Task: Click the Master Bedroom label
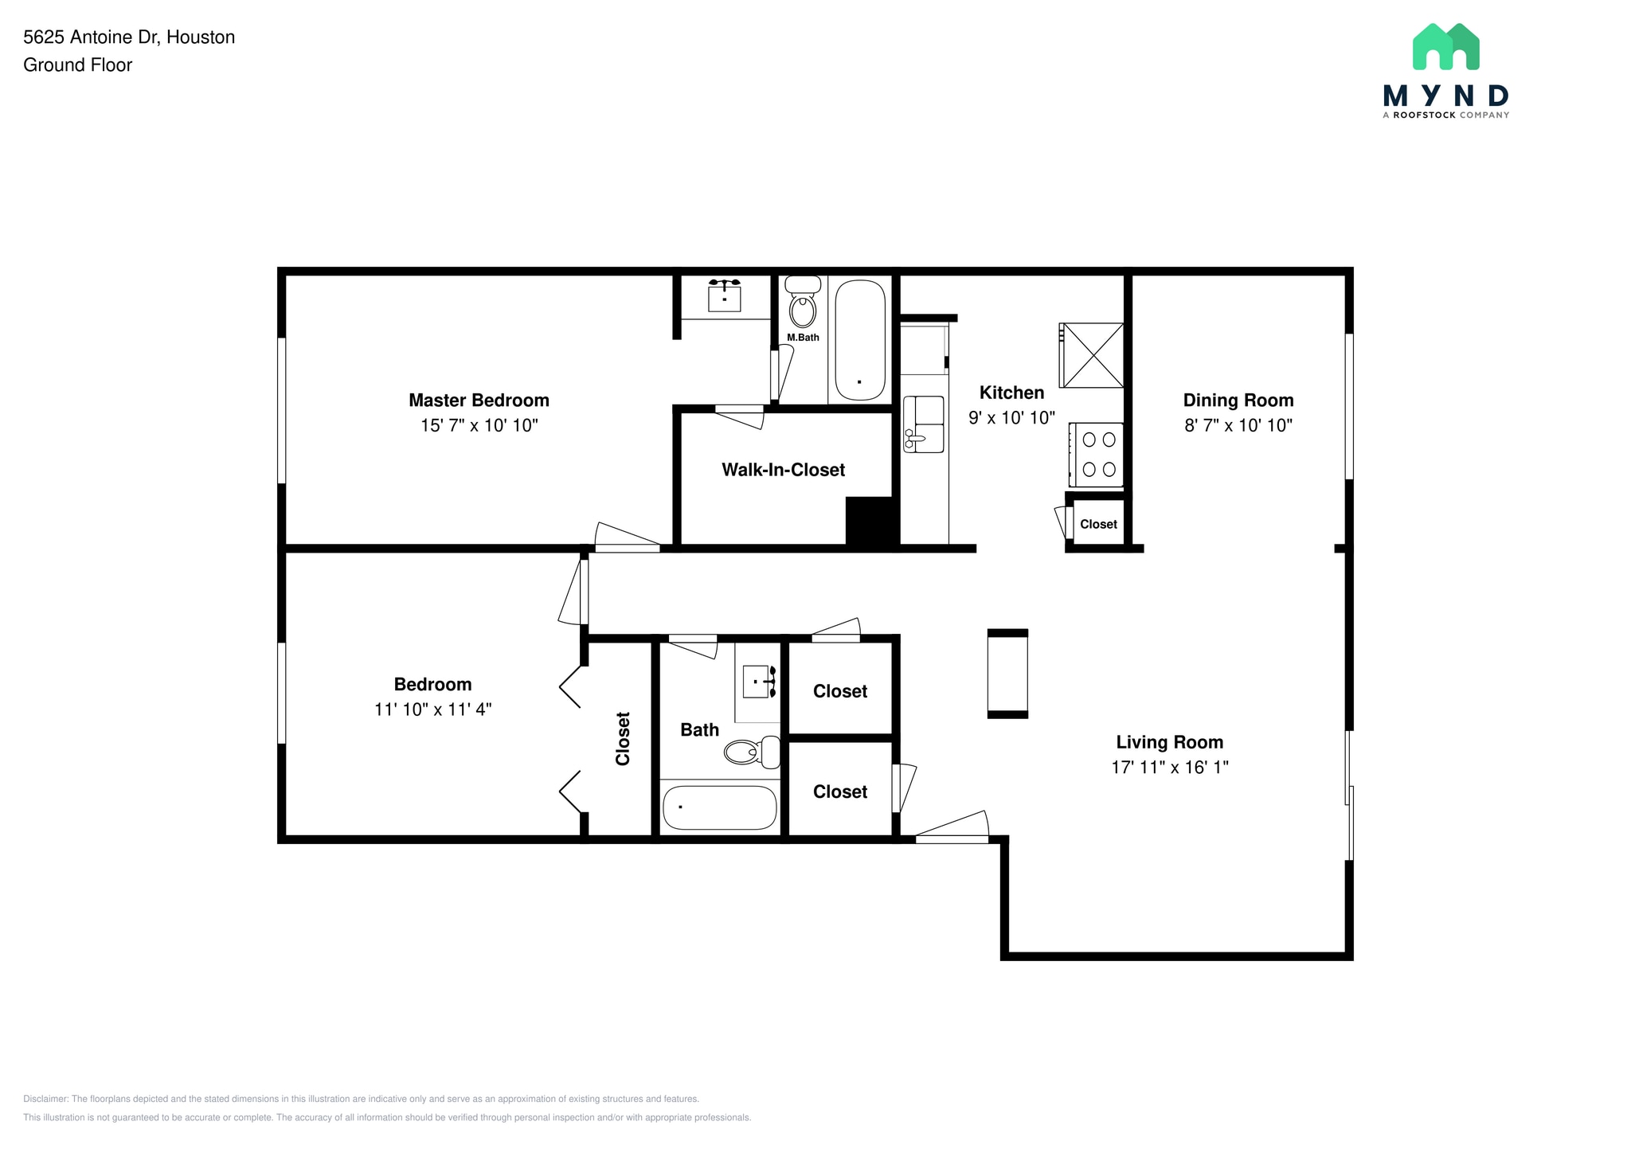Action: tap(479, 400)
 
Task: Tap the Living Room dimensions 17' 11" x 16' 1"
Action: tap(1169, 767)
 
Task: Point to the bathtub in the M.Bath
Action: tap(859, 340)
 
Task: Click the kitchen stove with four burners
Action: tap(1097, 455)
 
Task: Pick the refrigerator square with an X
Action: tap(1092, 355)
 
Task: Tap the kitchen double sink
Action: tap(925, 424)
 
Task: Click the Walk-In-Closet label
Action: tap(783, 470)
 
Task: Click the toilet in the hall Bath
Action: tap(752, 751)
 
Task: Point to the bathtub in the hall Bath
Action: tap(719, 807)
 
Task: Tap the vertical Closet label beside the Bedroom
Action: tap(623, 739)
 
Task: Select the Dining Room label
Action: tap(1238, 401)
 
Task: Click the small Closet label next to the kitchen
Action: tap(1098, 524)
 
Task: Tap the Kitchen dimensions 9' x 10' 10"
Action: tap(1011, 417)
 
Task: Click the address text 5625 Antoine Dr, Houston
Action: tap(129, 37)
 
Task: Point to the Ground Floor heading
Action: tap(77, 65)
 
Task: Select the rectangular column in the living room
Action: tap(1007, 674)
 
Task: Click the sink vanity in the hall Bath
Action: tap(757, 682)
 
